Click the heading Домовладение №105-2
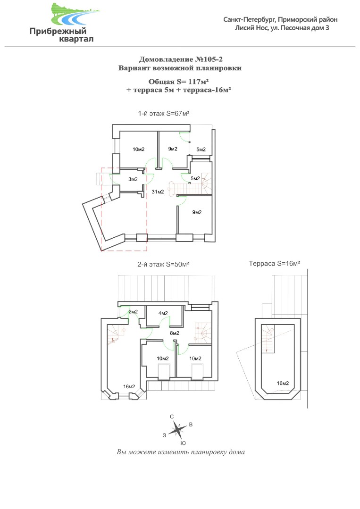tap(181, 59)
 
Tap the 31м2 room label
tap(158, 192)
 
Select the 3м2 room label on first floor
tap(133, 179)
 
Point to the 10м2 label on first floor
tap(139, 150)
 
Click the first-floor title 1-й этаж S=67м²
tap(164, 114)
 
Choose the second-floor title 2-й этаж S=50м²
tap(163, 265)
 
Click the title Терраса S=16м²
tap(275, 264)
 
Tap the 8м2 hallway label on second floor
tap(175, 333)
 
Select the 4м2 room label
tap(163, 313)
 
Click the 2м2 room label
tap(133, 312)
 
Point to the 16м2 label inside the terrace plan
tap(283, 384)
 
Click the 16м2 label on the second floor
tap(129, 387)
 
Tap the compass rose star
tap(177, 430)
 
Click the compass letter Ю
tap(183, 443)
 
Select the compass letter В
tap(191, 425)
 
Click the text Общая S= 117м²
tap(178, 82)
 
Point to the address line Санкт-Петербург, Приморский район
tap(280, 19)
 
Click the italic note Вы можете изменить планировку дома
tap(181, 452)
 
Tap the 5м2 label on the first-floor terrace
tap(201, 150)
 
